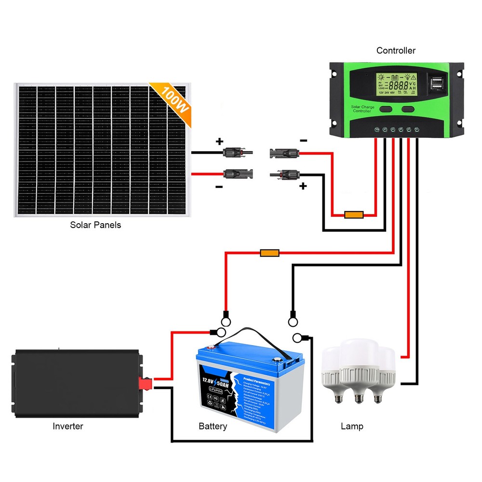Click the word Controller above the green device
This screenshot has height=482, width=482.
pos(396,51)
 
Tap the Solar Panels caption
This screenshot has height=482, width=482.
pos(95,225)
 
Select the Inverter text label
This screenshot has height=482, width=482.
pos(67,426)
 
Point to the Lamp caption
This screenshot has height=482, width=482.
pos(352,426)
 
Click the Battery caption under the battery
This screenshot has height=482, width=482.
pos(213,427)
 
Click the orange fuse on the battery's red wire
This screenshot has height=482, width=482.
pos(269,253)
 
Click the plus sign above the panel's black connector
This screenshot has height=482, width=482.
pos(219,142)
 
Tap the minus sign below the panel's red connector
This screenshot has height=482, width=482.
pos(219,187)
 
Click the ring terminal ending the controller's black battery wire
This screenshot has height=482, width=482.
pos(292,319)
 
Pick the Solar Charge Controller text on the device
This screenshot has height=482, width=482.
pos(362,109)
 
